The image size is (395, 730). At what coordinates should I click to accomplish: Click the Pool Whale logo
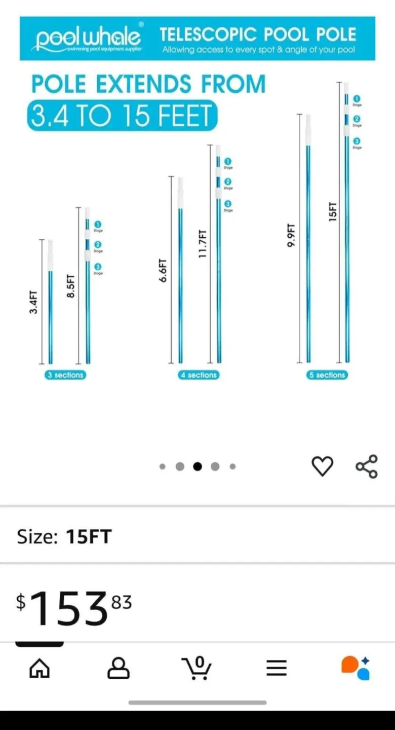[x=87, y=39]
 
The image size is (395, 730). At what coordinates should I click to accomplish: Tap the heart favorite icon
[x=322, y=466]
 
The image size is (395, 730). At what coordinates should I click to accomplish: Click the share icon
[x=367, y=466]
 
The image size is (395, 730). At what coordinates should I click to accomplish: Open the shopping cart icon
[x=197, y=668]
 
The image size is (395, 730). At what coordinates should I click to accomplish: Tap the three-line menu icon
[x=276, y=668]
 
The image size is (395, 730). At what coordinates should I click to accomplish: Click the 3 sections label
[x=65, y=375]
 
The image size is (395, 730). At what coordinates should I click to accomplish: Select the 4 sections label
[x=199, y=375]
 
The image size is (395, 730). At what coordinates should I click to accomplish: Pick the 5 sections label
[x=327, y=375]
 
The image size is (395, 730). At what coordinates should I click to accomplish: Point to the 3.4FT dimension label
[x=33, y=302]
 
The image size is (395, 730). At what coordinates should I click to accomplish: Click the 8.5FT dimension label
[x=71, y=286]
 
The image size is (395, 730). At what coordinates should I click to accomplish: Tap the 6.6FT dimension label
[x=163, y=271]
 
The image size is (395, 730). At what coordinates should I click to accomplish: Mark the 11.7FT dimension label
[x=202, y=244]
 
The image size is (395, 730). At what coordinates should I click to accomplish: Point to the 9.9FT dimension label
[x=291, y=236]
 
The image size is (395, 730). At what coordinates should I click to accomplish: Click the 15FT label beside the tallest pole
[x=333, y=211]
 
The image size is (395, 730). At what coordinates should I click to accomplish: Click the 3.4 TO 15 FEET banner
[x=122, y=116]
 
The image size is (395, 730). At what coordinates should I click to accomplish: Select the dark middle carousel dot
[x=197, y=466]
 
